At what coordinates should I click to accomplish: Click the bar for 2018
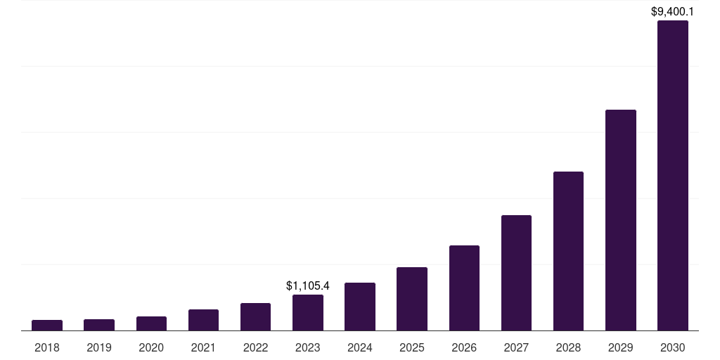pyautogui.click(x=47, y=325)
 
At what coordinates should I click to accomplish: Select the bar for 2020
pyautogui.click(x=151, y=323)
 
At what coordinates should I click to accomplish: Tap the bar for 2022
pyautogui.click(x=255, y=316)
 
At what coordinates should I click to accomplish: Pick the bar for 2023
pyautogui.click(x=308, y=312)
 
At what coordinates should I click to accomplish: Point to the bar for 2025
pyautogui.click(x=412, y=299)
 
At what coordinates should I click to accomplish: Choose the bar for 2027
pyautogui.click(x=516, y=273)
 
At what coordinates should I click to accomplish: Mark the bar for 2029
pyautogui.click(x=620, y=220)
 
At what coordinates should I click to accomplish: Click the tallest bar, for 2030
pyautogui.click(x=672, y=176)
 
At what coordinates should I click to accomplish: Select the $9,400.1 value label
pyautogui.click(x=673, y=11)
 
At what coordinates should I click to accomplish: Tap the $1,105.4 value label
pyautogui.click(x=308, y=285)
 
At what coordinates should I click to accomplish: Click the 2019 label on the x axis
pyautogui.click(x=99, y=347)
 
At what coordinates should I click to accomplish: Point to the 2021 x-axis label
pyautogui.click(x=203, y=347)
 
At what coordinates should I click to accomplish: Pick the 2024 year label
pyautogui.click(x=360, y=347)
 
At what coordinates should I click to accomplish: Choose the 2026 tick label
pyautogui.click(x=464, y=347)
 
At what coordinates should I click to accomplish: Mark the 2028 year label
pyautogui.click(x=568, y=347)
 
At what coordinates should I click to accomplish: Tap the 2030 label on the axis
pyautogui.click(x=672, y=347)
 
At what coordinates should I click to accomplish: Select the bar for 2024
pyautogui.click(x=360, y=307)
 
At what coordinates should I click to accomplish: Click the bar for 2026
pyautogui.click(x=464, y=288)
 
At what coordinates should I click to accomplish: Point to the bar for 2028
pyautogui.click(x=568, y=251)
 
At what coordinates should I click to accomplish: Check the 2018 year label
pyautogui.click(x=47, y=347)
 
